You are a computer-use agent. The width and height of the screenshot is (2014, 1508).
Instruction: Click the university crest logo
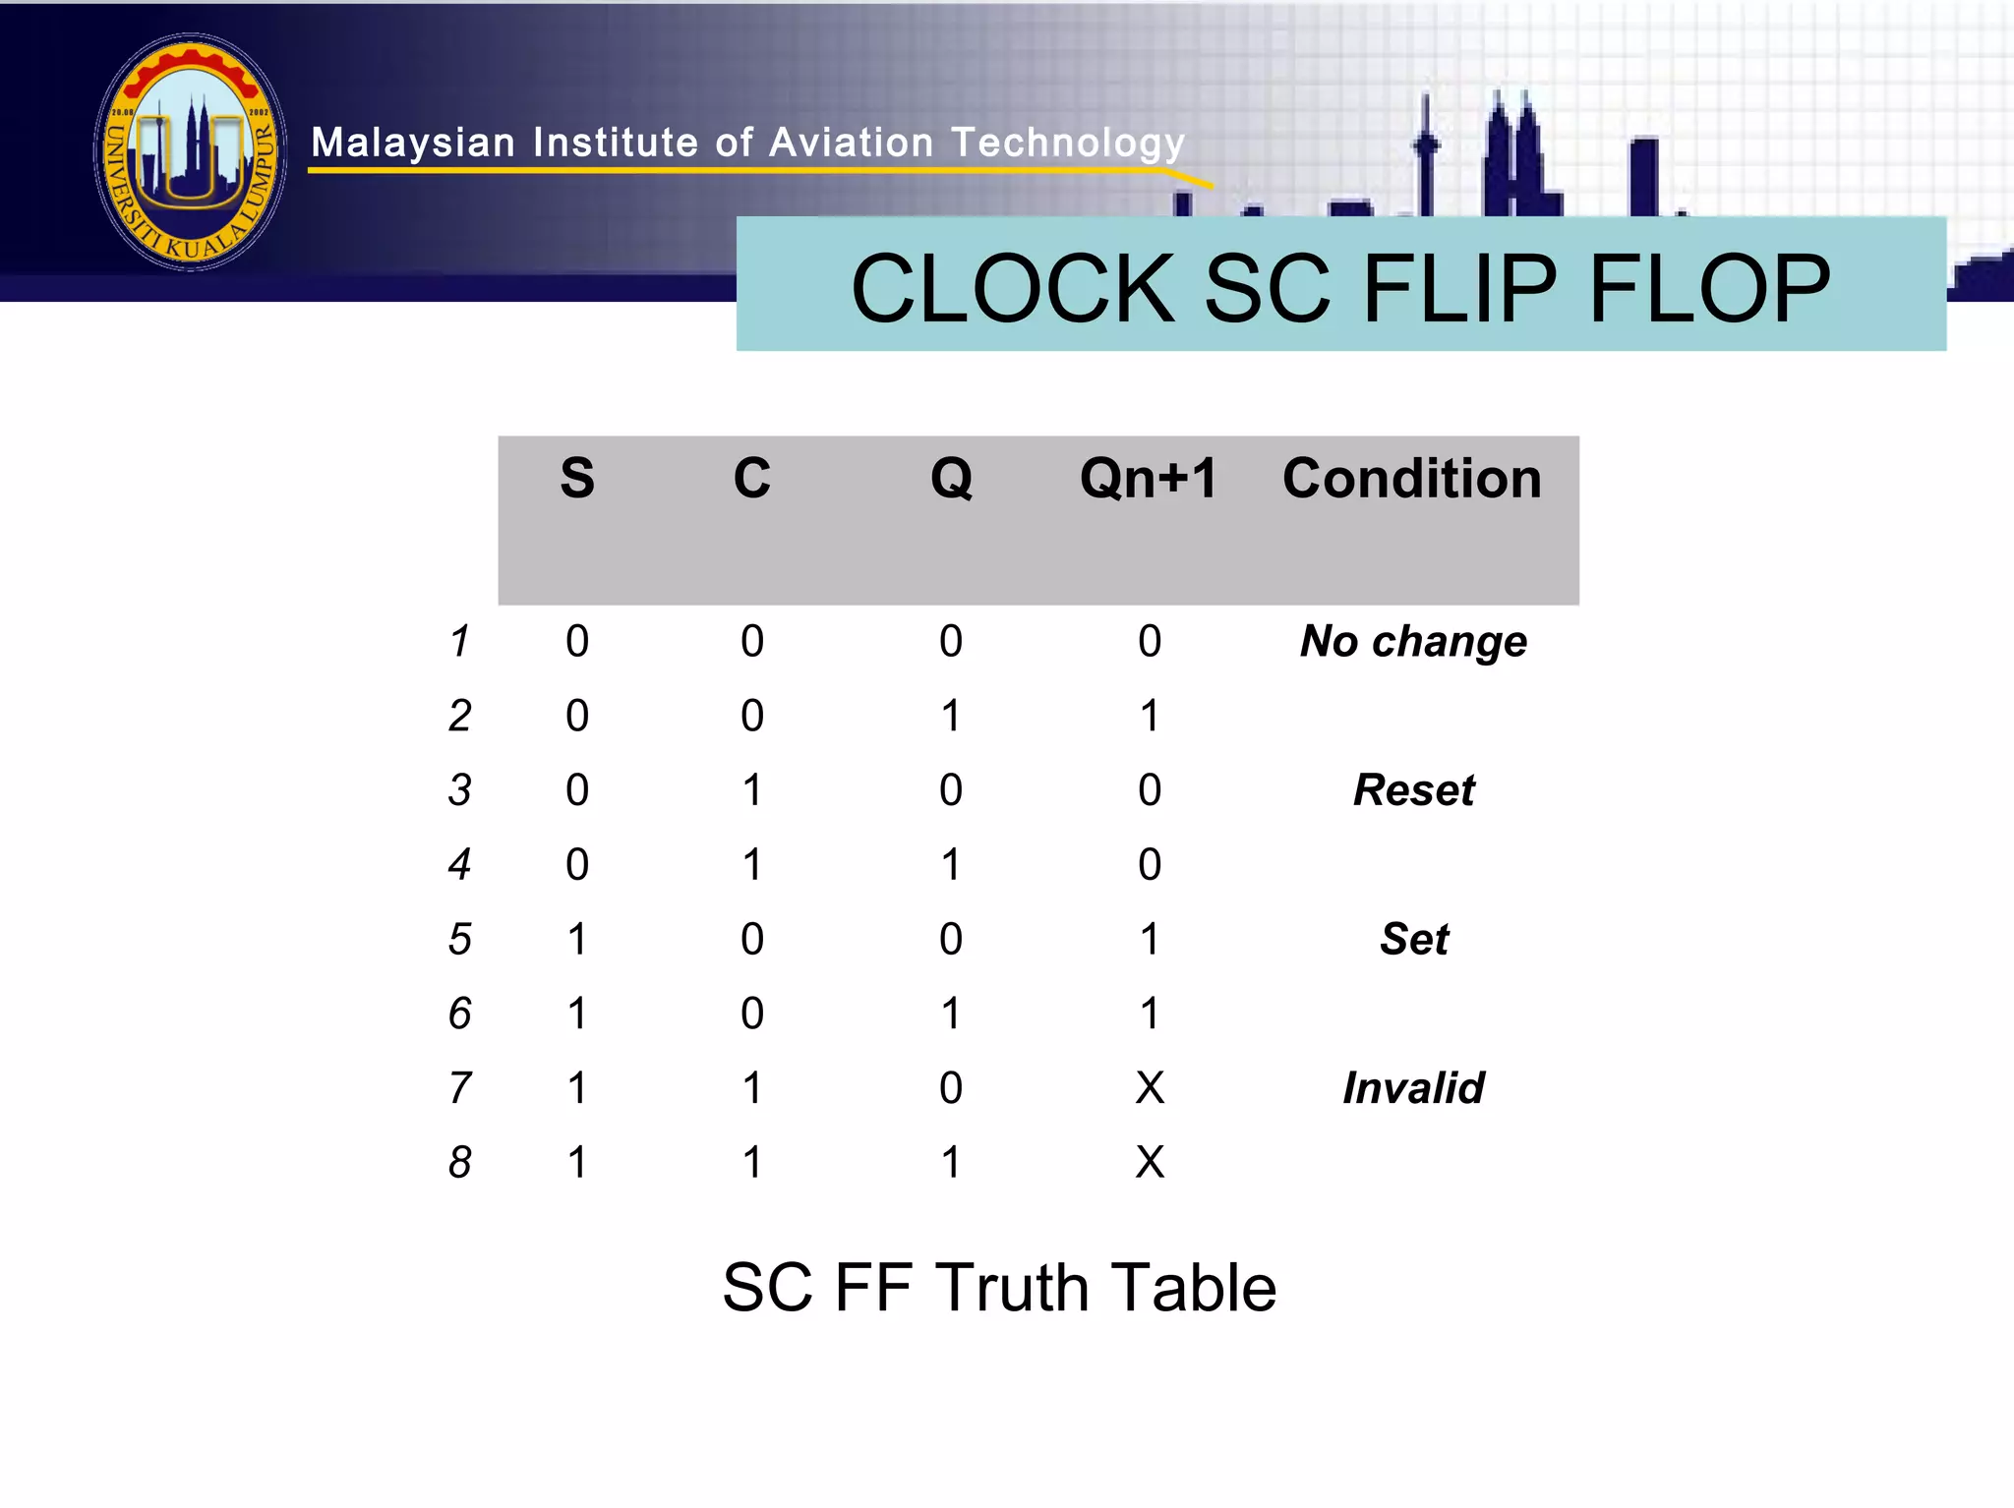191,152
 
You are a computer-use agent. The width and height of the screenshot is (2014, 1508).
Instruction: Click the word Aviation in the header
851,144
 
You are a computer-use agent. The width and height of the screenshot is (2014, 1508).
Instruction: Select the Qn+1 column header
1149,479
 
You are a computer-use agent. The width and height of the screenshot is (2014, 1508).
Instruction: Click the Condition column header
1411,479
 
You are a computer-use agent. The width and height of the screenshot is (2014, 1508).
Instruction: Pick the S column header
577,479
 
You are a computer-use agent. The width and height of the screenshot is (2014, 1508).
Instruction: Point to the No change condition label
1413,642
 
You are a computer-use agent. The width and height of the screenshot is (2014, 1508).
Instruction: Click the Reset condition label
1413,790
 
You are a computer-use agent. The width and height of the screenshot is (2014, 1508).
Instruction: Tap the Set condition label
1413,939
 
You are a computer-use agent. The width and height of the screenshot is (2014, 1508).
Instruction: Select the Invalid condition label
1413,1088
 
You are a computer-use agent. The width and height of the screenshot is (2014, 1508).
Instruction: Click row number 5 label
459,940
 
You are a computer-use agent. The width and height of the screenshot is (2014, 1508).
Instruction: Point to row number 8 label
459,1163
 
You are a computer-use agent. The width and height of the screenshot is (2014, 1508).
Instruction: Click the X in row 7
1149,1088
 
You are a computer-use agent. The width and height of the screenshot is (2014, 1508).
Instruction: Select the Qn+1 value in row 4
1149,865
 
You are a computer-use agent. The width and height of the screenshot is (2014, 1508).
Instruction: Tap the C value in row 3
752,790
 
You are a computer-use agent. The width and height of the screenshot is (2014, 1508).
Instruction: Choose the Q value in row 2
950,716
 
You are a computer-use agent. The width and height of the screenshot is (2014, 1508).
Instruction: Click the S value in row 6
577,1014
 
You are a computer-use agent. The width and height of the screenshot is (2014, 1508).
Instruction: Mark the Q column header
951,479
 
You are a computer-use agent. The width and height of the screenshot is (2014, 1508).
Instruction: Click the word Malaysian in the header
413,144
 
